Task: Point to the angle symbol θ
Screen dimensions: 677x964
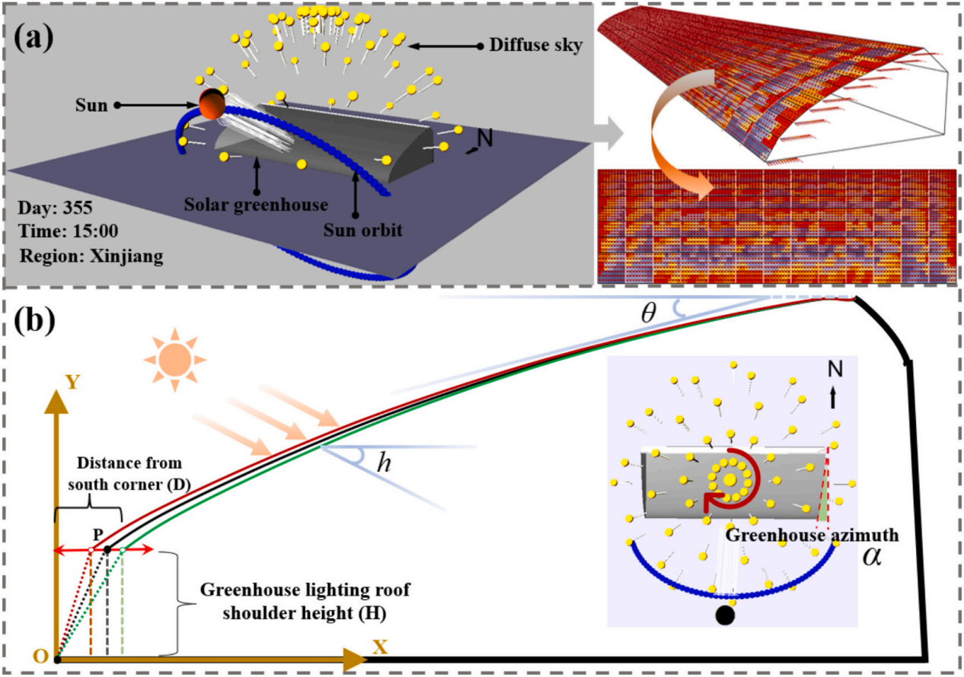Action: pyautogui.click(x=647, y=314)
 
